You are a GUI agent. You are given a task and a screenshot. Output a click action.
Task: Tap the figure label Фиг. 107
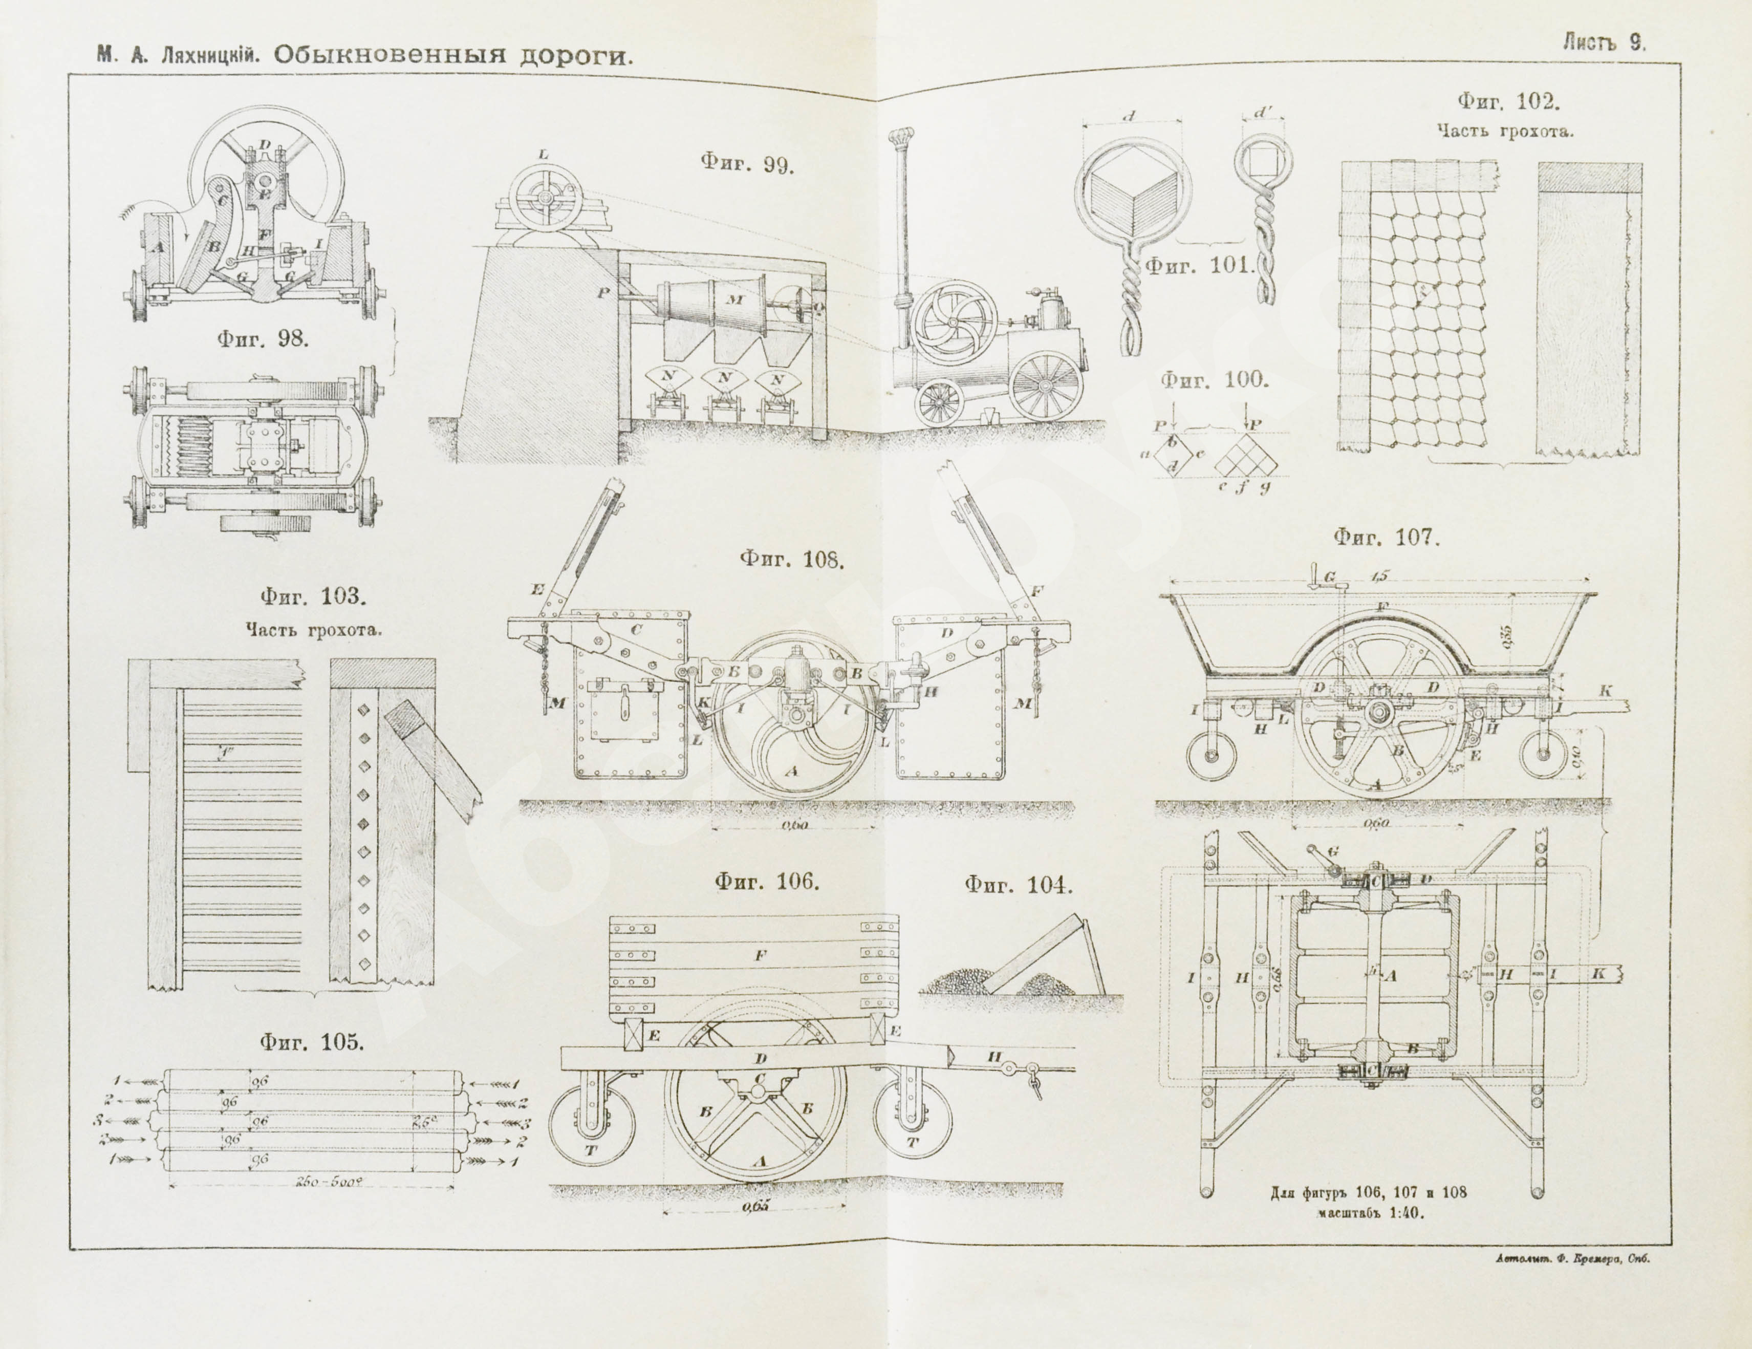1386,537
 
